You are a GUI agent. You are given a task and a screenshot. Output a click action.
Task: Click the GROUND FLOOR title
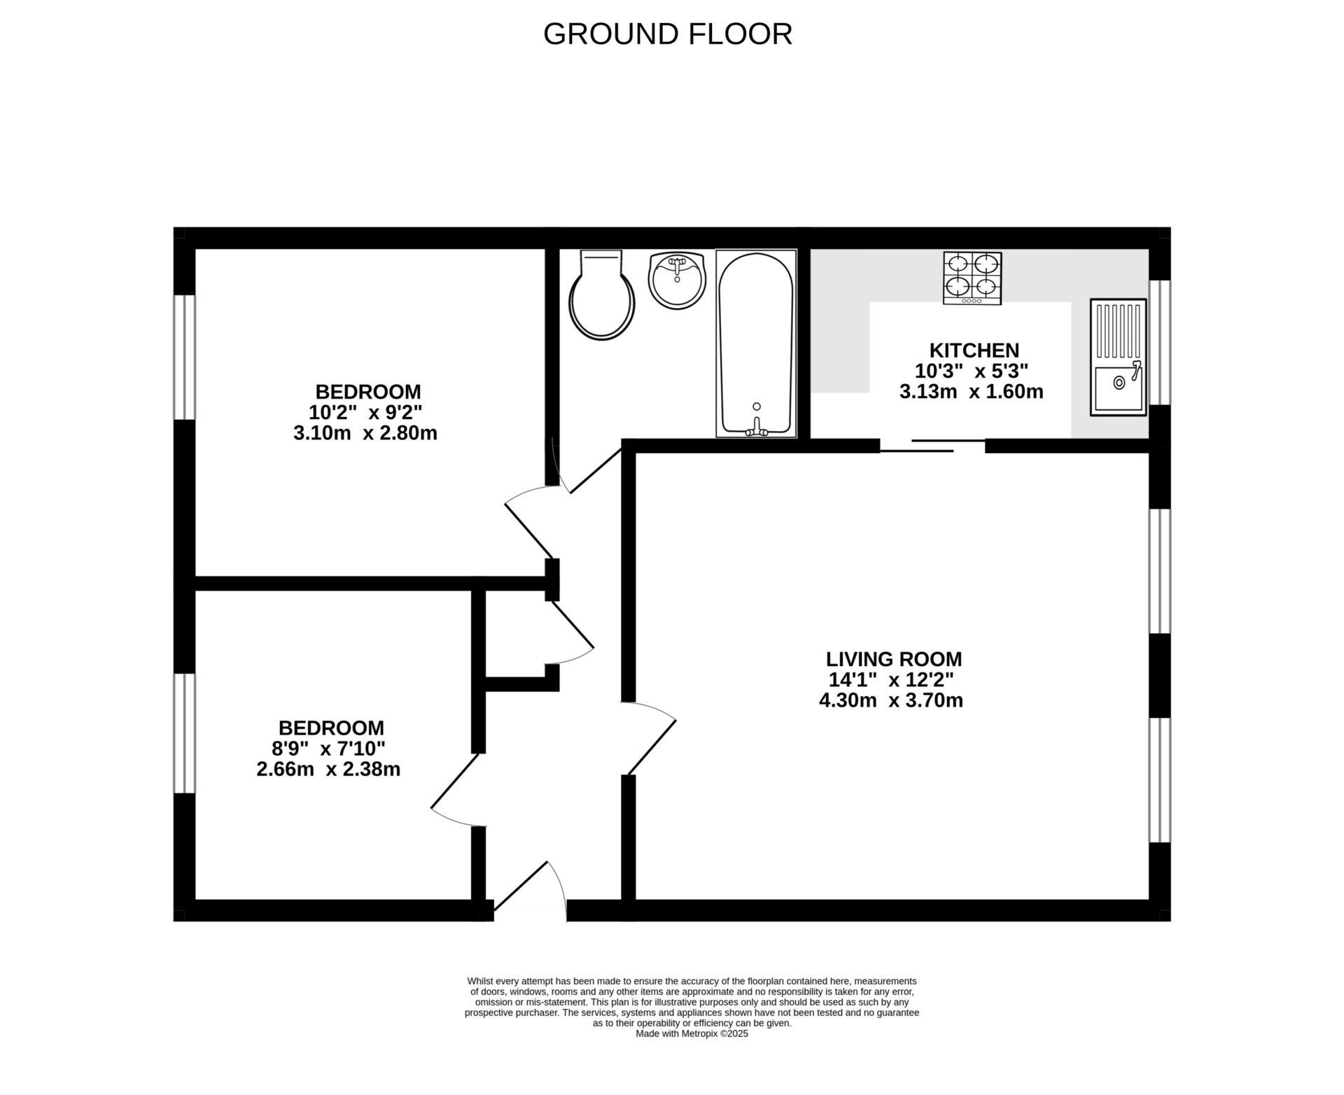[x=667, y=34]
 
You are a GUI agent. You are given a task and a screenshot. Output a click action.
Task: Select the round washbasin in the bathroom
[x=677, y=281]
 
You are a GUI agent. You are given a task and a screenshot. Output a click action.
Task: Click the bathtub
[x=756, y=344]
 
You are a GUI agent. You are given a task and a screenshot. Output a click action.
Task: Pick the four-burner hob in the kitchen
[x=972, y=278]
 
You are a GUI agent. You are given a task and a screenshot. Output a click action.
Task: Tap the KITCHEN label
[x=974, y=350]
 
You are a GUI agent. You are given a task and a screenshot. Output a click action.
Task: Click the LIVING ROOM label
[x=893, y=659]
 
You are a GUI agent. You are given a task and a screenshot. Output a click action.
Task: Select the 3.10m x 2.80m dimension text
[x=365, y=433]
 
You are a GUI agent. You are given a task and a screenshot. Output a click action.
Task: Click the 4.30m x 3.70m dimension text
[x=890, y=700]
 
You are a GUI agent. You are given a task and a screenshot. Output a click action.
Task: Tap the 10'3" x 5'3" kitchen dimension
[x=971, y=371]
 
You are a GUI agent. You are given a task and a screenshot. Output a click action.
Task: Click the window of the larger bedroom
[x=184, y=357]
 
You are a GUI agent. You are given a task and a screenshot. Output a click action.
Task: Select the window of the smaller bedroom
[x=184, y=733]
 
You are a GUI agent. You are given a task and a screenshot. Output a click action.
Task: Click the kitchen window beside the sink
[x=1160, y=342]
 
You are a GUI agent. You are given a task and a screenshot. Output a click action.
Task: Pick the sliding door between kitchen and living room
[x=932, y=446]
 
